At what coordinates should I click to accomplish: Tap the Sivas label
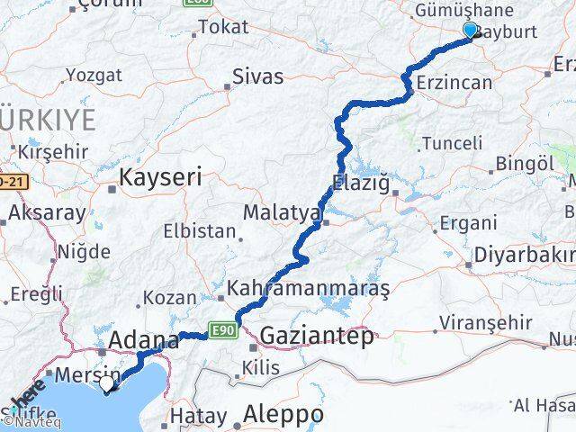coord(257,76)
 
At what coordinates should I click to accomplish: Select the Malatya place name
coord(282,213)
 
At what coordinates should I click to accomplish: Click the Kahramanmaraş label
coord(309,289)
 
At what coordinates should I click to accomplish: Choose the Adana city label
coord(144,341)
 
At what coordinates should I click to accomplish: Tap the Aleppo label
coord(283,415)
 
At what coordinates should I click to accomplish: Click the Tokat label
coord(222,27)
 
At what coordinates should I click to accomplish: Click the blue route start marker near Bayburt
coord(469,31)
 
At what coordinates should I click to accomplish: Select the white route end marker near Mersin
coord(107,384)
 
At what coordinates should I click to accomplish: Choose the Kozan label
coord(169,297)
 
